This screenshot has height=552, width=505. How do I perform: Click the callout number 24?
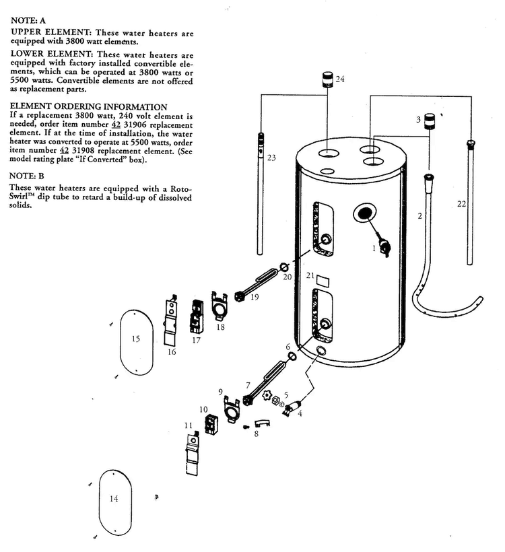[x=340, y=79]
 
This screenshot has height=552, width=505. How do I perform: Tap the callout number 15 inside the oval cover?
[x=136, y=339]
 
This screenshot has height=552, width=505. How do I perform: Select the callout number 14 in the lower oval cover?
[x=114, y=499]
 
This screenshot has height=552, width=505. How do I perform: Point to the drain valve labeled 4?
[x=292, y=408]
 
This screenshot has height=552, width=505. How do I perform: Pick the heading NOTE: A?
[x=28, y=20]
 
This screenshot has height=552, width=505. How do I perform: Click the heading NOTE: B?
[x=27, y=176]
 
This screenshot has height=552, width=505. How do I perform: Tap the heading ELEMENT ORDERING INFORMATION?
[x=88, y=106]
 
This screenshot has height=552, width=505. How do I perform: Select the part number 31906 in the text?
[x=135, y=125]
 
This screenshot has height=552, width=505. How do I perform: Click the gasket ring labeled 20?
[x=285, y=267]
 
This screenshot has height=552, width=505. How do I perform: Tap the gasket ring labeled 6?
[x=292, y=356]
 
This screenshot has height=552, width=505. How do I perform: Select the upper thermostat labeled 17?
[x=196, y=316]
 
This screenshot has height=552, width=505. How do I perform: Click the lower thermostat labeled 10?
[x=211, y=425]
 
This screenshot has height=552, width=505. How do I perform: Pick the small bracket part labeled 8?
[x=262, y=423]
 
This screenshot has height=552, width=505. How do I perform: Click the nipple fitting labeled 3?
[x=430, y=121]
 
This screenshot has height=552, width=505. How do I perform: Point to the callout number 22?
[x=461, y=204]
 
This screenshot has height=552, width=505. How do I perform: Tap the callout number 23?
[x=271, y=158]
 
